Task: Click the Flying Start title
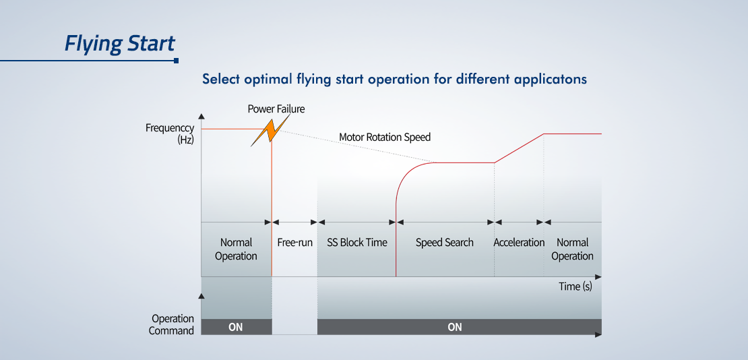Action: (x=120, y=43)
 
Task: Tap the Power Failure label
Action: (x=276, y=109)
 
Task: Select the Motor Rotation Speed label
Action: (x=385, y=138)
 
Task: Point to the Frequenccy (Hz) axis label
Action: (x=170, y=133)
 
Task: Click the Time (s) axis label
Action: (x=575, y=287)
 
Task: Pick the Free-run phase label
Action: (x=294, y=243)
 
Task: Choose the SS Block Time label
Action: (x=357, y=243)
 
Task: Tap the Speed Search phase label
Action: (x=445, y=243)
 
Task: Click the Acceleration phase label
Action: (x=519, y=243)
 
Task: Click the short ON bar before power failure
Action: (x=236, y=327)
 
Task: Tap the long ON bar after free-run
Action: (x=460, y=327)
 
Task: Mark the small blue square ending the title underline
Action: (x=177, y=61)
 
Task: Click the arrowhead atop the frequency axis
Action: (x=201, y=116)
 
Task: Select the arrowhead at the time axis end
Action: (x=598, y=276)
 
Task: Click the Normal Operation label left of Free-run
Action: (x=236, y=249)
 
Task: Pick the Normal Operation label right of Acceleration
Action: (x=572, y=249)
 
